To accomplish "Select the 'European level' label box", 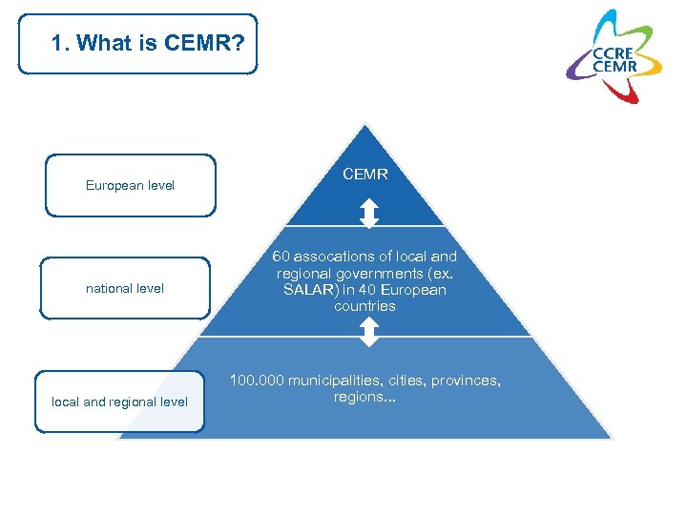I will tap(131, 185).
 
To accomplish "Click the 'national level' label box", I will tap(125, 288).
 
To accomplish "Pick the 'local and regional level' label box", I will tap(119, 402).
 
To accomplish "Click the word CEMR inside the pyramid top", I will tap(364, 175).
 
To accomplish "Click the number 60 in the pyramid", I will tap(281, 257).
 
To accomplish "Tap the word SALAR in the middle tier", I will tap(309, 290).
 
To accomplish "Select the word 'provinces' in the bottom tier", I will tap(465, 381).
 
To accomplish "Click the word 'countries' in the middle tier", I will tap(364, 306).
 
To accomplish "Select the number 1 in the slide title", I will tap(57, 43).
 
